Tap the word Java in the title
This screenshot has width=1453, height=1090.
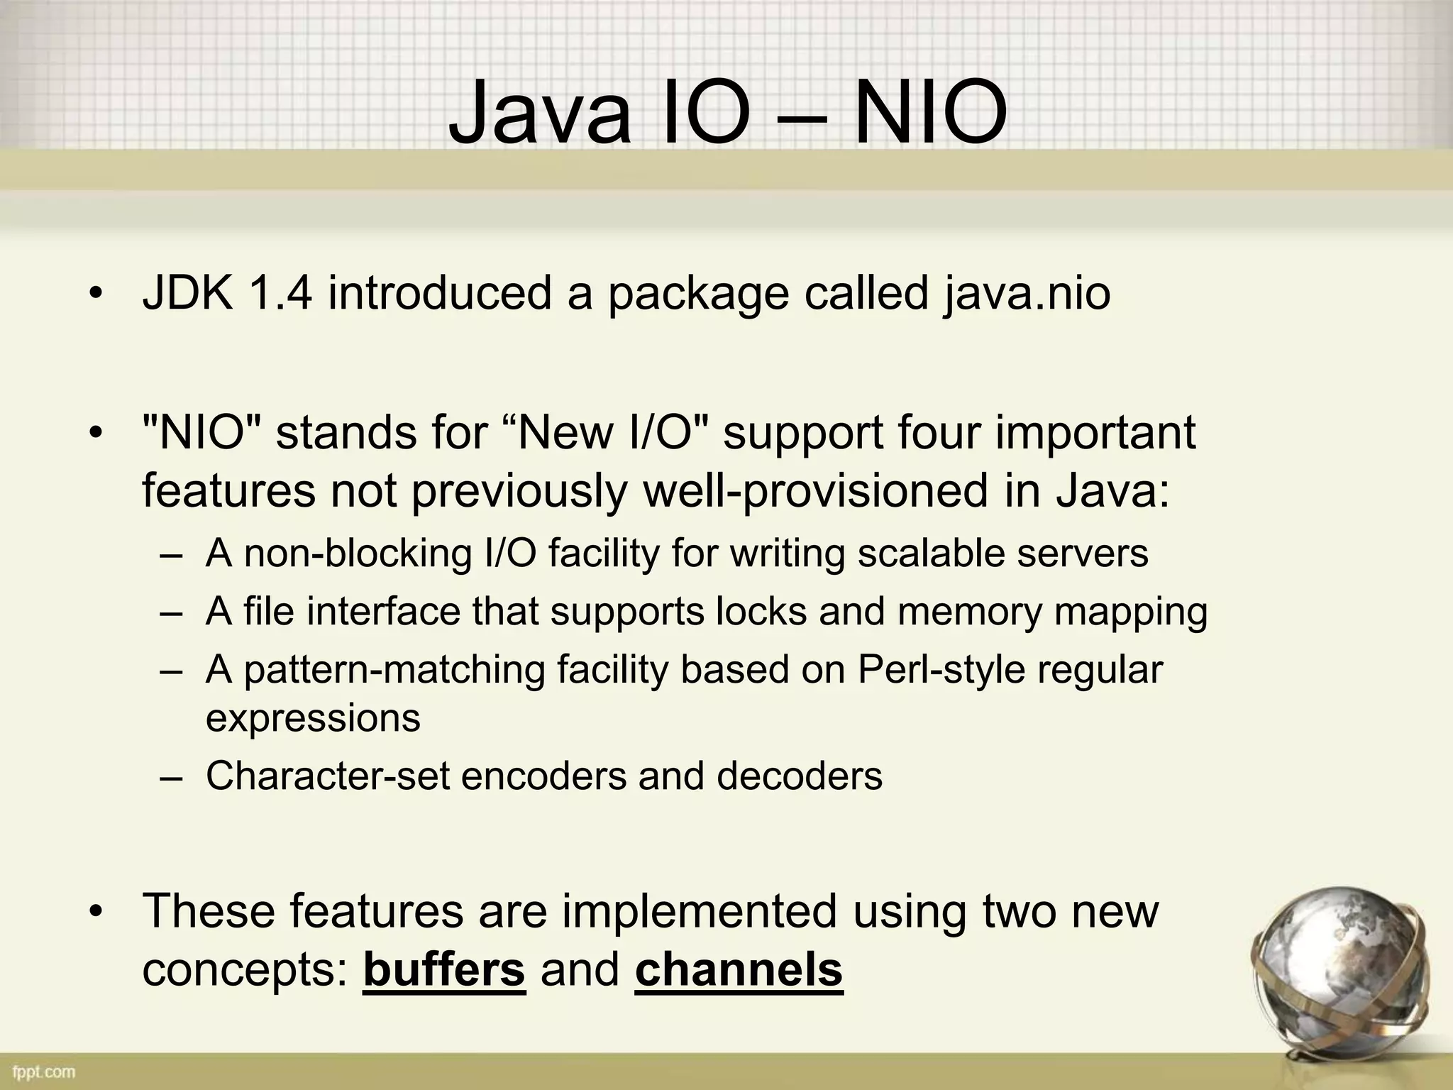click(539, 114)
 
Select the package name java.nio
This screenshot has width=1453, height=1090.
click(1027, 293)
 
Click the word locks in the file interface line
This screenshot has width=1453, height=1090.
click(761, 612)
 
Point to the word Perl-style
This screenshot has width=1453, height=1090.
click(941, 669)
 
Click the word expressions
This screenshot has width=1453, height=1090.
click(313, 718)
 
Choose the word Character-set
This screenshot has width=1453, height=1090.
click(327, 776)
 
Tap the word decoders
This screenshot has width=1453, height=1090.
click(800, 776)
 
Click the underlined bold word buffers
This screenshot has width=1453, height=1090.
click(444, 970)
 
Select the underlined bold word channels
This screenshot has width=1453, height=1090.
click(739, 970)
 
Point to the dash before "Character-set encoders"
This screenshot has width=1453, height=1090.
click(171, 777)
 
